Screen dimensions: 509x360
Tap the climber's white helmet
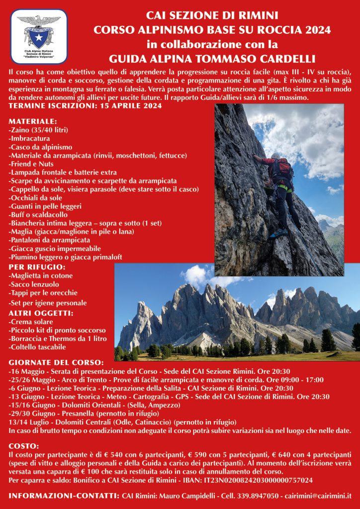[x=275, y=156]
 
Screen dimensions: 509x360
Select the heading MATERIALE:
[x=33, y=121]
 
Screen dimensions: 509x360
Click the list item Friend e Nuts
[x=31, y=164]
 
